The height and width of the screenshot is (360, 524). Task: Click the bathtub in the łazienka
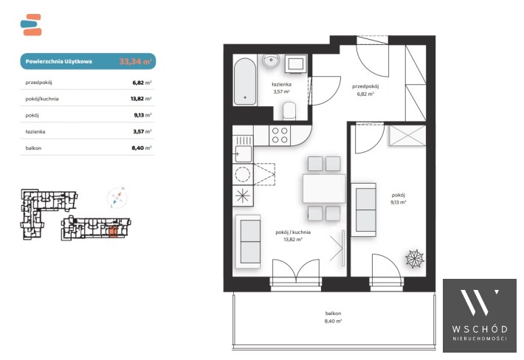(245, 81)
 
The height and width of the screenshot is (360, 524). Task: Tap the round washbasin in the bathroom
(271, 61)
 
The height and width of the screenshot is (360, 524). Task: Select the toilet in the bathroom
(289, 111)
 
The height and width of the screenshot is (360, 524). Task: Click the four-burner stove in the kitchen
(280, 135)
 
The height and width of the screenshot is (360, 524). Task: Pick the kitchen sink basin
(244, 154)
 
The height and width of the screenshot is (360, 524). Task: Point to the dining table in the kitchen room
(324, 188)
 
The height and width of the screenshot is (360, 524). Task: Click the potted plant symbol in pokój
(415, 258)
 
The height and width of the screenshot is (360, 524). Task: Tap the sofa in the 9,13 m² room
(364, 210)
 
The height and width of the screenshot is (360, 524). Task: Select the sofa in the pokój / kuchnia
(248, 241)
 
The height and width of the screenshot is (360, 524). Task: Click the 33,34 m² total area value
(135, 61)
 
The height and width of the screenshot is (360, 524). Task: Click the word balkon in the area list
(33, 148)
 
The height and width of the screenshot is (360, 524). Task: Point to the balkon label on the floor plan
(333, 314)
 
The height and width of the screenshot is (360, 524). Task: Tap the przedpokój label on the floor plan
(365, 86)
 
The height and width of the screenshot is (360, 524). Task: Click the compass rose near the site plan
(117, 198)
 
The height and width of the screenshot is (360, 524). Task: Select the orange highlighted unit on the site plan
(113, 232)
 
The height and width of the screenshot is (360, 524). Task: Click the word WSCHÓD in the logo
(480, 329)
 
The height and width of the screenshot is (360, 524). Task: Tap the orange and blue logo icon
(31, 24)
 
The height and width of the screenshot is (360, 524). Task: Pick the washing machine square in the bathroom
(296, 63)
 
